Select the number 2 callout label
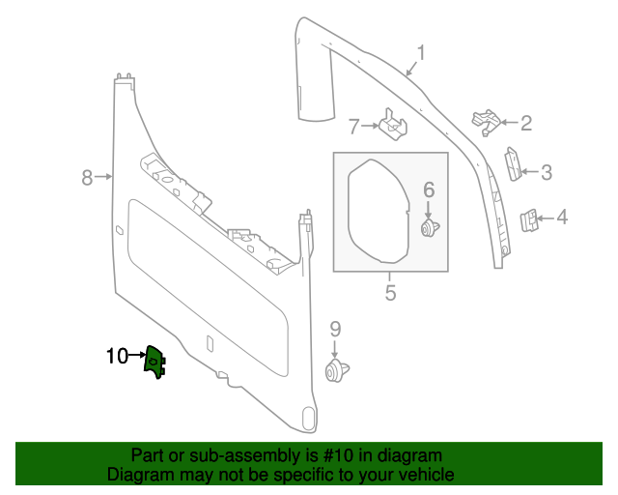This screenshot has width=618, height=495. (526, 123)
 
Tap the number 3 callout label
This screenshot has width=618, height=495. (546, 173)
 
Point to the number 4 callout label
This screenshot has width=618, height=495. (561, 218)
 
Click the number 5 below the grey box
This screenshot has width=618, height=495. (390, 292)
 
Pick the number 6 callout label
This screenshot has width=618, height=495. (429, 190)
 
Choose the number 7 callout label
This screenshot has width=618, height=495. (353, 126)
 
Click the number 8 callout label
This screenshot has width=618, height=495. (86, 177)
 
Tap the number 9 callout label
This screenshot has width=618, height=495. (335, 329)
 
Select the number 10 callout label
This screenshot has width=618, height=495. (117, 356)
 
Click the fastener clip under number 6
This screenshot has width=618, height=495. (430, 228)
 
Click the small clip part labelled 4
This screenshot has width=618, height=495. (530, 220)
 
